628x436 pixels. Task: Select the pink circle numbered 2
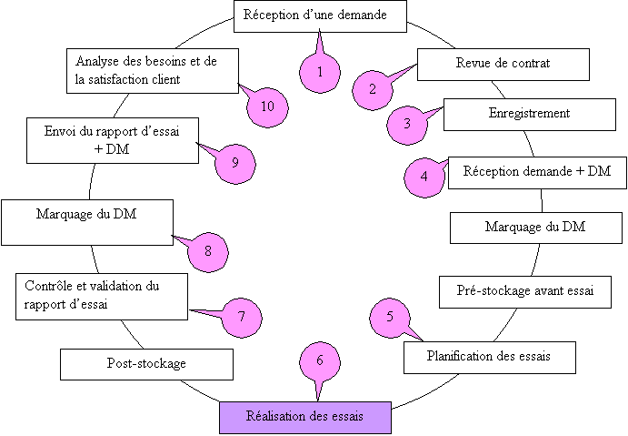pyautogui.click(x=373, y=88)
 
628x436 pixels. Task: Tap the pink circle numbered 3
pyautogui.click(x=407, y=124)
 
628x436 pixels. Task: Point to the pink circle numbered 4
pyautogui.click(x=424, y=176)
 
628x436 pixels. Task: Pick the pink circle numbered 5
pyautogui.click(x=390, y=317)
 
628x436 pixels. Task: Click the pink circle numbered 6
pyautogui.click(x=320, y=360)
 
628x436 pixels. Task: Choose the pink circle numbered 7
pyautogui.click(x=242, y=317)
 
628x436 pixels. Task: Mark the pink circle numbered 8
pyautogui.click(x=209, y=250)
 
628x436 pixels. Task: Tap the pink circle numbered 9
pyautogui.click(x=234, y=163)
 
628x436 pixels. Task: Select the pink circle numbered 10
pyautogui.click(x=267, y=106)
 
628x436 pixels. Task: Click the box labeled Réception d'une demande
pyautogui.click(x=320, y=16)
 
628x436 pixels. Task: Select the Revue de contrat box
pyautogui.click(x=503, y=64)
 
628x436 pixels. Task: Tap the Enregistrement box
pyautogui.click(x=528, y=114)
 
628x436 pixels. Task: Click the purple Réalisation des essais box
pyautogui.click(x=304, y=417)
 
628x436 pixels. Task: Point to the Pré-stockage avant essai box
pyautogui.click(x=525, y=291)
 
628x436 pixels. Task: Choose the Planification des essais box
pyautogui.click(x=489, y=356)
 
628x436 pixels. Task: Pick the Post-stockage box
pyautogui.click(x=146, y=364)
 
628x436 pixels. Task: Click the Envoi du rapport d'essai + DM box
pyautogui.click(x=113, y=140)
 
